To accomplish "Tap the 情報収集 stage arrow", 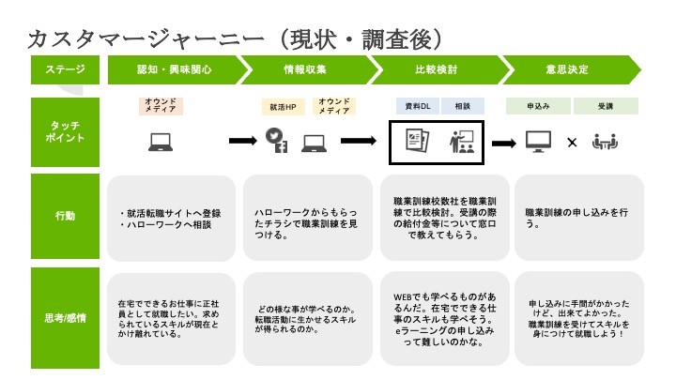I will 304,69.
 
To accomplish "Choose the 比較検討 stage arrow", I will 435,69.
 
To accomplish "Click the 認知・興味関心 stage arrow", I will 174,69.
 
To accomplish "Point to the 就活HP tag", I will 283,107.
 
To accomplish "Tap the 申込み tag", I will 537,106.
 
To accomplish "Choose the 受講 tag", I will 606,106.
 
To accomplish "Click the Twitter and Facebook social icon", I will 278,142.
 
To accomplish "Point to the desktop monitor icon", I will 537,142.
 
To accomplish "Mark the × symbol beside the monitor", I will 572,143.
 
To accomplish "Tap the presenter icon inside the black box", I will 463,142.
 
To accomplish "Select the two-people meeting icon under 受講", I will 605,142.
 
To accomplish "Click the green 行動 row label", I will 65,216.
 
